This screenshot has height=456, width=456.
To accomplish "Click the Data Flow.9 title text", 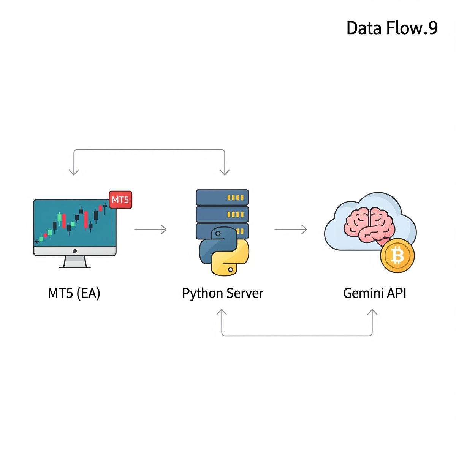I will click(392, 28).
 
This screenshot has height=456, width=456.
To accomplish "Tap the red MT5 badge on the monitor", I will click(120, 200).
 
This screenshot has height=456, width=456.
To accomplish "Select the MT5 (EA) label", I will click(74, 293).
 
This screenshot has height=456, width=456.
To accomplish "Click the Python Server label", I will click(223, 293).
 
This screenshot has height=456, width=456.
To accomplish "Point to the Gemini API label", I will click(375, 293).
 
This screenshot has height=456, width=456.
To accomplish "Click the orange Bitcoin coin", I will click(397, 256).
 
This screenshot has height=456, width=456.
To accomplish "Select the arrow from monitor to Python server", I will click(150, 230).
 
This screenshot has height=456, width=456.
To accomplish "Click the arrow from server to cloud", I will click(291, 230).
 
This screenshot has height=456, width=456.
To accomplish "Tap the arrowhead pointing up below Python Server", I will click(222, 313).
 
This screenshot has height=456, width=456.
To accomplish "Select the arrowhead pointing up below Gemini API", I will click(372, 313).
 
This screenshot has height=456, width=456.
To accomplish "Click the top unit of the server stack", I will click(222, 198).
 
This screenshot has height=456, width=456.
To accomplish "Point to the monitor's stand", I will click(75, 262).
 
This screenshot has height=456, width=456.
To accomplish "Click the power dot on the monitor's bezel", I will click(75, 251).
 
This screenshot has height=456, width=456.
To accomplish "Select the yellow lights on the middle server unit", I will click(235, 215).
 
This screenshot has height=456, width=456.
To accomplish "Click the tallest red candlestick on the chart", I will click(86, 220).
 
